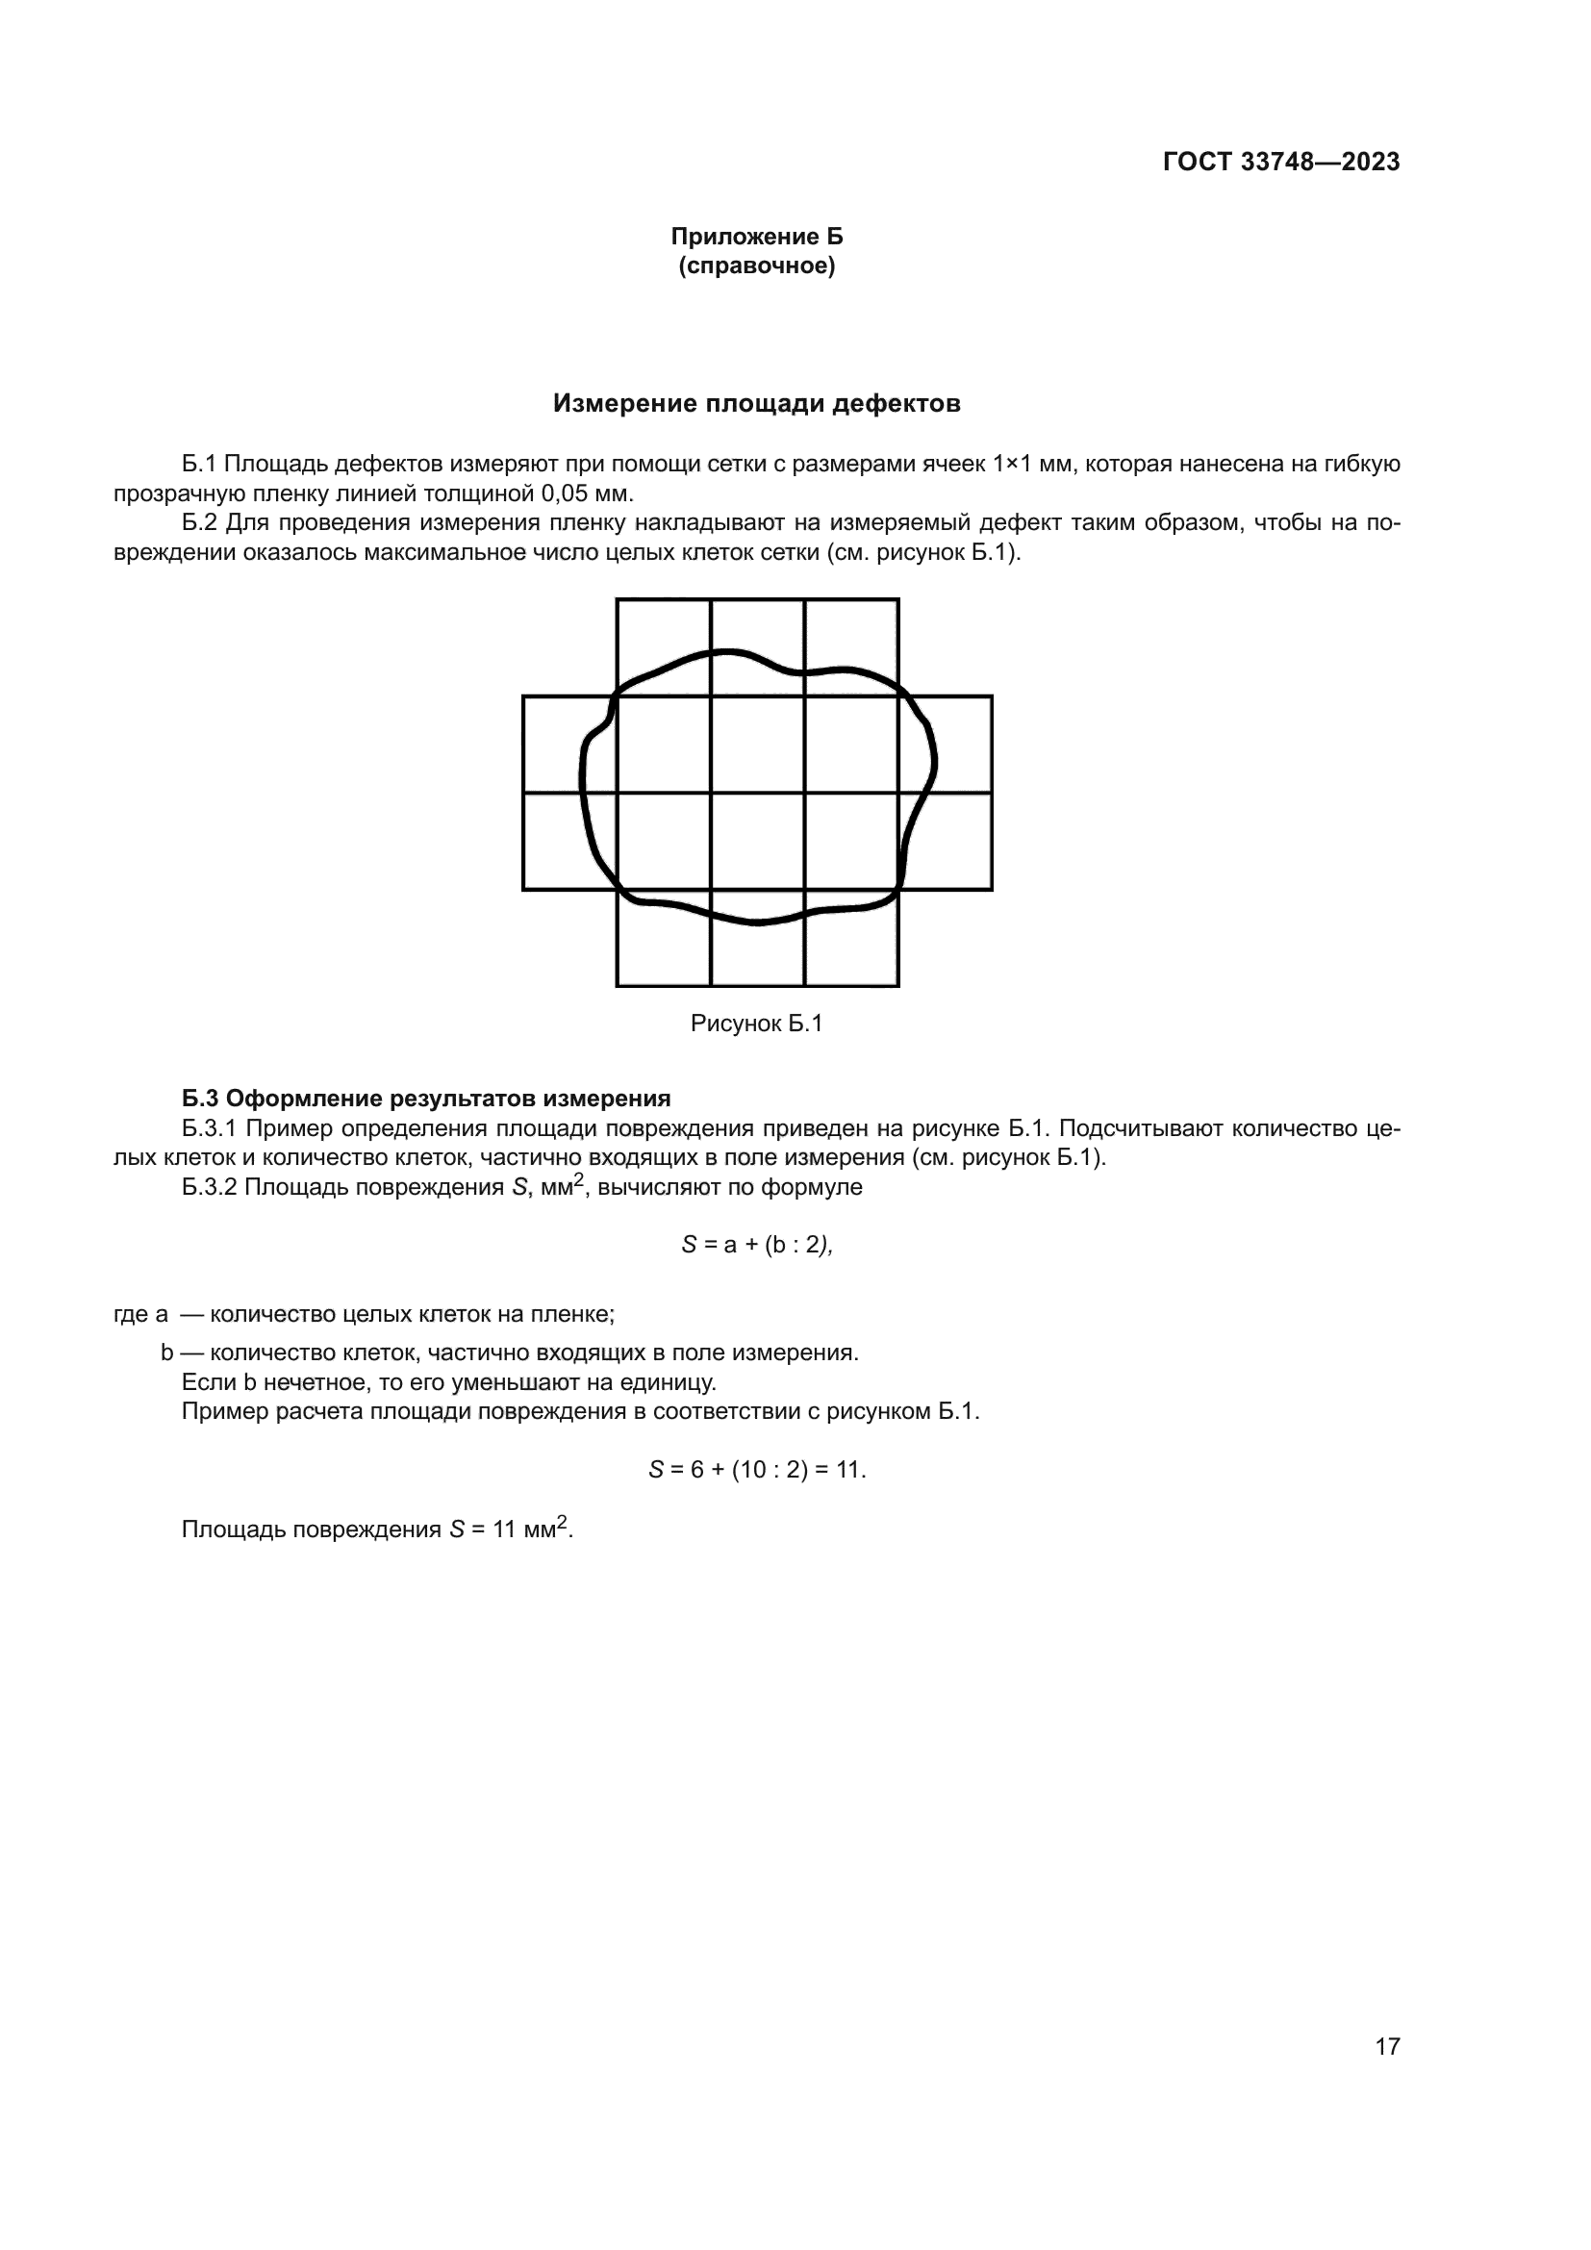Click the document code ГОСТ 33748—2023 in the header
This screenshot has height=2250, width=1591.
1280,162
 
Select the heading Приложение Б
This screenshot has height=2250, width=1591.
756,237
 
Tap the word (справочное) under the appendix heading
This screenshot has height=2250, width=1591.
756,265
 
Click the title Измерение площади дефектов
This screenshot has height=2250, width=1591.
756,403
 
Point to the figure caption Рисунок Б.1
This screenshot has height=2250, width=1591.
756,1024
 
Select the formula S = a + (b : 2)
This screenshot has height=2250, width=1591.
756,1245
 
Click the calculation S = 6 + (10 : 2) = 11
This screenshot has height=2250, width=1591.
756,1470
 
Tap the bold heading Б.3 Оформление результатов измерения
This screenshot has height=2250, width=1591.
426,1098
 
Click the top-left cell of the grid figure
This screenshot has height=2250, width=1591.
664,646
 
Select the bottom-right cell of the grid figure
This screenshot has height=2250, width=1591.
851,938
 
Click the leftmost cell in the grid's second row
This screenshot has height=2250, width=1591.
569,744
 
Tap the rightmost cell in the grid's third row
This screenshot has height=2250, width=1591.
946,841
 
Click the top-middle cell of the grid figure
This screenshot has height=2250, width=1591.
757,646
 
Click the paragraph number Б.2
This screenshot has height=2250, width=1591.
200,522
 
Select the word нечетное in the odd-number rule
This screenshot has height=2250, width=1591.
305,1382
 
